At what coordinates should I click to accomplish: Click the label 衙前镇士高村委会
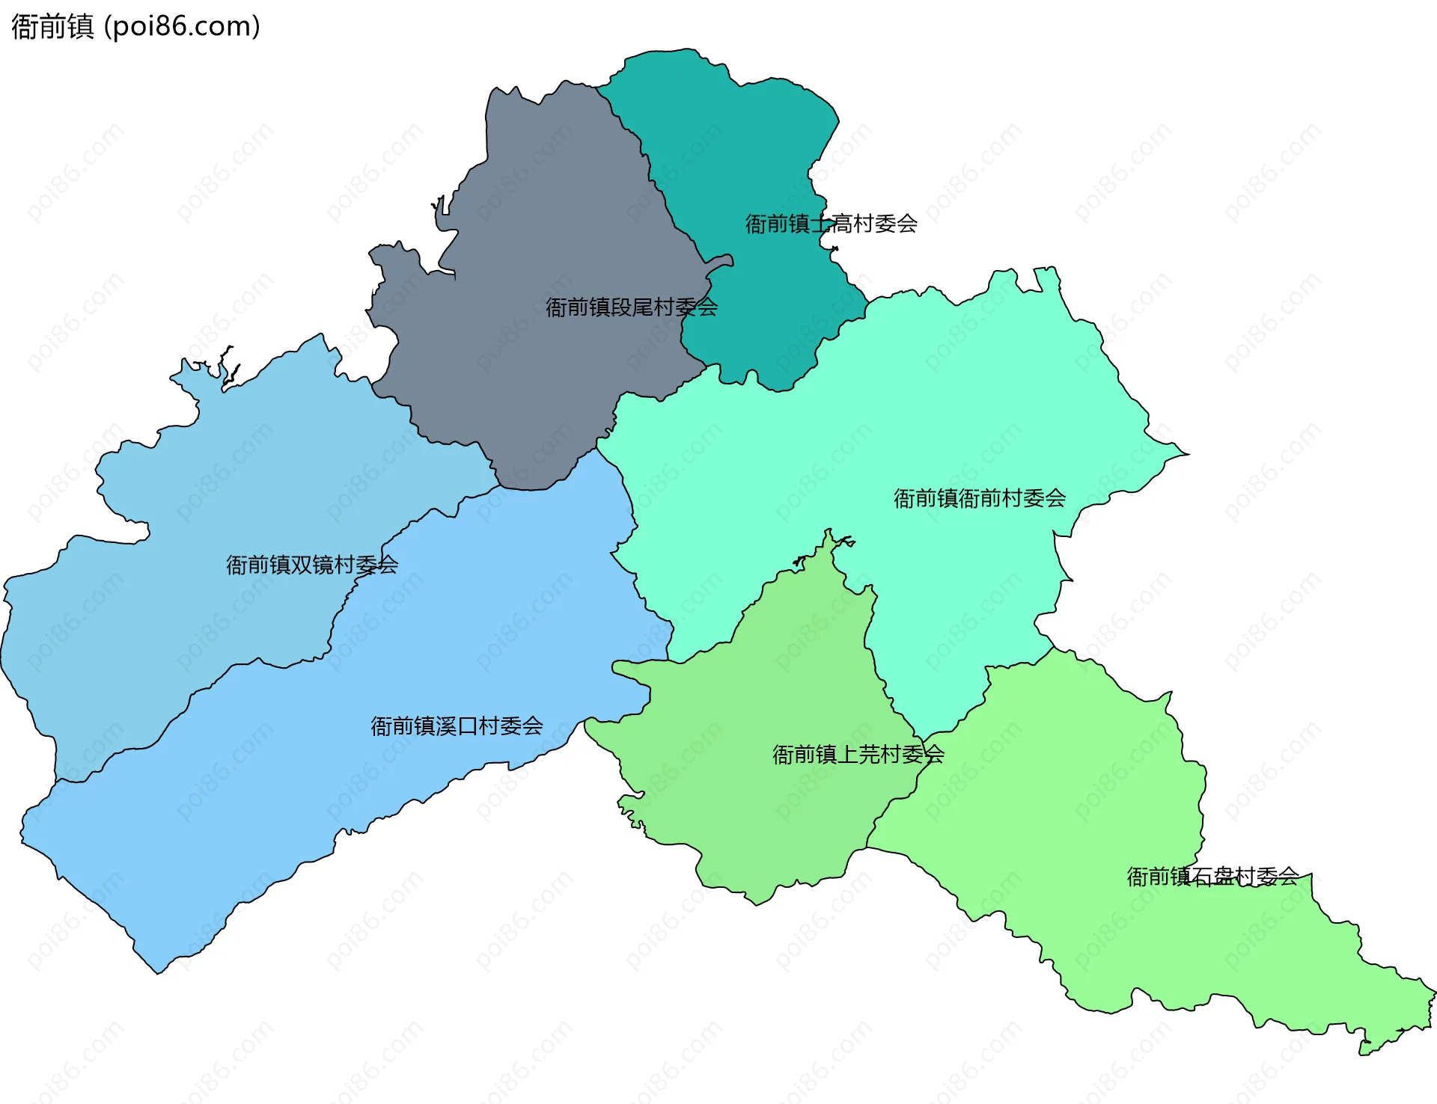point(831,224)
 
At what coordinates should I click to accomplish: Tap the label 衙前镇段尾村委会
point(631,307)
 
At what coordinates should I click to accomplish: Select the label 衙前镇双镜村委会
point(311,565)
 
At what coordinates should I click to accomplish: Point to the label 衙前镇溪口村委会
point(457,726)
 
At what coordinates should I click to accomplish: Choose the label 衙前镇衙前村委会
point(979,498)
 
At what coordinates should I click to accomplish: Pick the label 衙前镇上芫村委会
point(858,755)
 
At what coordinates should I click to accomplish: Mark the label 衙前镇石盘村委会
point(1212,877)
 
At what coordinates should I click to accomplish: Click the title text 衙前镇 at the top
point(52,27)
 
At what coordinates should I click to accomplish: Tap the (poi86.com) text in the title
point(183,27)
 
